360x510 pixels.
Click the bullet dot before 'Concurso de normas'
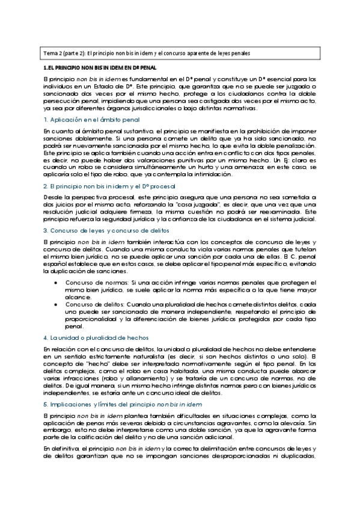[x=56, y=283]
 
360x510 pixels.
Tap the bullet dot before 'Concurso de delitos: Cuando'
[x=56, y=304]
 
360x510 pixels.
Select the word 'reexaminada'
[x=279, y=214]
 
